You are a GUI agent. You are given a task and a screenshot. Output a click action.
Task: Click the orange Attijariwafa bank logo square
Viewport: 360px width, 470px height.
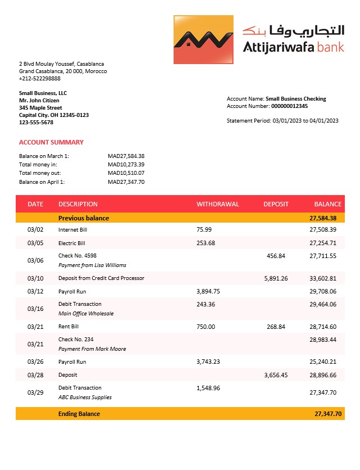point(203,39)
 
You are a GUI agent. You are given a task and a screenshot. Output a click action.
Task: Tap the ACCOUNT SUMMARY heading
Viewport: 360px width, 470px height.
point(51,142)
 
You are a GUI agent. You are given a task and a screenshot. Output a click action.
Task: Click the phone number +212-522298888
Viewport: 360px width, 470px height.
point(40,79)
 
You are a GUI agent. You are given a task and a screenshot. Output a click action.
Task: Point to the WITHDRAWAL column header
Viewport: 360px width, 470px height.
point(217,204)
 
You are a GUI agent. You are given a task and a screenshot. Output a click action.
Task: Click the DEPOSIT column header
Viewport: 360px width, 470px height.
point(276,204)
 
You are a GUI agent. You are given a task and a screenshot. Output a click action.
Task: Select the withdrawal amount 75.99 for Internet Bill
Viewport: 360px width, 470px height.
point(204,229)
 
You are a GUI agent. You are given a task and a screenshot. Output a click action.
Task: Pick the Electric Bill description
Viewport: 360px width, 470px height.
point(72,243)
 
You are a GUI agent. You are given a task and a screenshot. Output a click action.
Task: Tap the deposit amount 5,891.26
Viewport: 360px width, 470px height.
point(276,278)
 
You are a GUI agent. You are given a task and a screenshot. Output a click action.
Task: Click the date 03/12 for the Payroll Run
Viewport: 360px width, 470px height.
point(35,291)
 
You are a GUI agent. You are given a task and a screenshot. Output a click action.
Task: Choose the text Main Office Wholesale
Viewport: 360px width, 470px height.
point(86,314)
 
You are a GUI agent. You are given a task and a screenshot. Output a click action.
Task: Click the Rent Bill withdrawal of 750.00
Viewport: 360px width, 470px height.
point(206,327)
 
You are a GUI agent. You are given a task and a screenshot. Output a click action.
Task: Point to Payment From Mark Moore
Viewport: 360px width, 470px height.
point(92,349)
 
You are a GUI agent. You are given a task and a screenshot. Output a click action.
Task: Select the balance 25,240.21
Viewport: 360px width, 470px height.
point(323,361)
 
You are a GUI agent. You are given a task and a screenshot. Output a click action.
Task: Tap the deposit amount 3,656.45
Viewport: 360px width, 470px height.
point(276,374)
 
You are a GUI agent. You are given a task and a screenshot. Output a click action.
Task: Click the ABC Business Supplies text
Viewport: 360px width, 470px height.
point(85,397)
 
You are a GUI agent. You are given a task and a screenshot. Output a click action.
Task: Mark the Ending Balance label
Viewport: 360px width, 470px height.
point(79,414)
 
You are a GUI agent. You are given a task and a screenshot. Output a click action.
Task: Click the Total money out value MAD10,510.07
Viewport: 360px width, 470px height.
point(126,173)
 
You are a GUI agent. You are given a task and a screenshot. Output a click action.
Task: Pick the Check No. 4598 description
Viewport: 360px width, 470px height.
point(78,256)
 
